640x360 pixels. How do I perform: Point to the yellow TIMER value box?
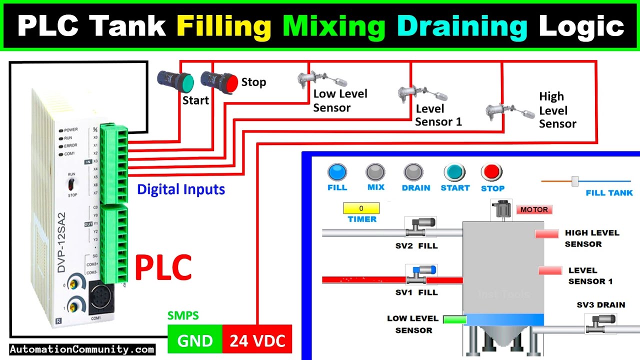click(361, 208)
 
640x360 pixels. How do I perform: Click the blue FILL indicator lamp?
click(337, 172)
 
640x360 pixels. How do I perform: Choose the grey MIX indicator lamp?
click(375, 172)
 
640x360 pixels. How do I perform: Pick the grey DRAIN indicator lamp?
click(414, 172)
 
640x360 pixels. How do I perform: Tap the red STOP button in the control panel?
click(492, 172)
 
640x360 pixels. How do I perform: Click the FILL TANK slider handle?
click(575, 181)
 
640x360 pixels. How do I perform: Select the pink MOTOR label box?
click(534, 209)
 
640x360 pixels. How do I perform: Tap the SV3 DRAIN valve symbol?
click(600, 323)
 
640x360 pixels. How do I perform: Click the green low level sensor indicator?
click(454, 319)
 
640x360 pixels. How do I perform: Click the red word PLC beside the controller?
click(163, 267)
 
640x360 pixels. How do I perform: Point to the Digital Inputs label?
click(181, 189)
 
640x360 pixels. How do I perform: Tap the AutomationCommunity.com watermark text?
click(82, 349)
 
